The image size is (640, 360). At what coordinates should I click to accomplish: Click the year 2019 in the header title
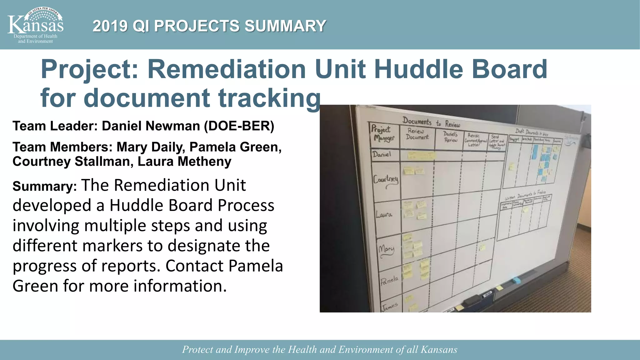pyautogui.click(x=110, y=26)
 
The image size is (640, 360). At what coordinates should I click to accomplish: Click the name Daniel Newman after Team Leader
pyautogui.click(x=151, y=126)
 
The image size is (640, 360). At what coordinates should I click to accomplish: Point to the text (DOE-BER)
pyautogui.click(x=239, y=126)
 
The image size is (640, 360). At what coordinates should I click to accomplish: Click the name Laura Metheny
pyautogui.click(x=184, y=162)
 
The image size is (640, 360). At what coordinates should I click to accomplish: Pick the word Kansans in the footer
pyautogui.click(x=439, y=349)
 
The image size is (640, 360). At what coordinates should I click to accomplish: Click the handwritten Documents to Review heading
pyautogui.click(x=431, y=122)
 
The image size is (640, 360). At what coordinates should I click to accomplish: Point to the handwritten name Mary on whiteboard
pyautogui.click(x=386, y=250)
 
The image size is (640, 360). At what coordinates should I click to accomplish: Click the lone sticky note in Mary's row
pyautogui.click(x=482, y=247)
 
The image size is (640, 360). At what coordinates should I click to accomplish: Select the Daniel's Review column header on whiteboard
pyautogui.click(x=451, y=137)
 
